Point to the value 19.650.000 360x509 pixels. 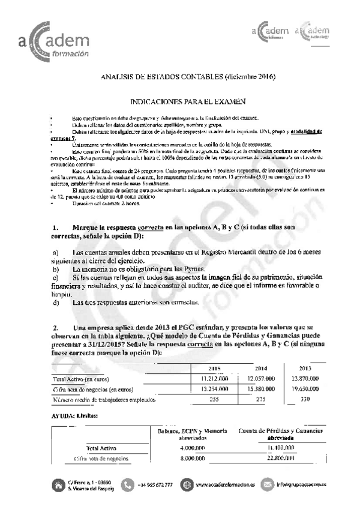point(306,389)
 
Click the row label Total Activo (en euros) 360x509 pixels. point(81,379)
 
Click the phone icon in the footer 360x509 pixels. point(127,484)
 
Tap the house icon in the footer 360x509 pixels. point(58,484)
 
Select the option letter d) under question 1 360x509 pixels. point(55,303)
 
